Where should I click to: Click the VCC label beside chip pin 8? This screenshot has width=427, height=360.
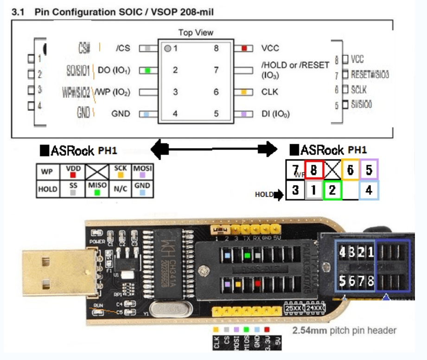point(270,48)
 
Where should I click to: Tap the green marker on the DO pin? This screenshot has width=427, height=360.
point(147,71)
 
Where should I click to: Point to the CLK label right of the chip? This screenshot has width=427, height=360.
point(270,92)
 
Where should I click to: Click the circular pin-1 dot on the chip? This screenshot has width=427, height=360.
point(167,48)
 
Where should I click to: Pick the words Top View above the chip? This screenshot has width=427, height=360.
point(196,32)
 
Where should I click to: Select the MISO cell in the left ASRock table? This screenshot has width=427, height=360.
point(97,189)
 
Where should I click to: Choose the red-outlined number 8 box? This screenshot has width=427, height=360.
point(314,171)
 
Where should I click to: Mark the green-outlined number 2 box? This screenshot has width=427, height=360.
point(331,190)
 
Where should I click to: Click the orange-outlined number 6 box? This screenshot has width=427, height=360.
point(351,171)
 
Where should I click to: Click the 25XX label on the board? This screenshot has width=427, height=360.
point(293,308)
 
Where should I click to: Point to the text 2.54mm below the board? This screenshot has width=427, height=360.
point(308,331)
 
